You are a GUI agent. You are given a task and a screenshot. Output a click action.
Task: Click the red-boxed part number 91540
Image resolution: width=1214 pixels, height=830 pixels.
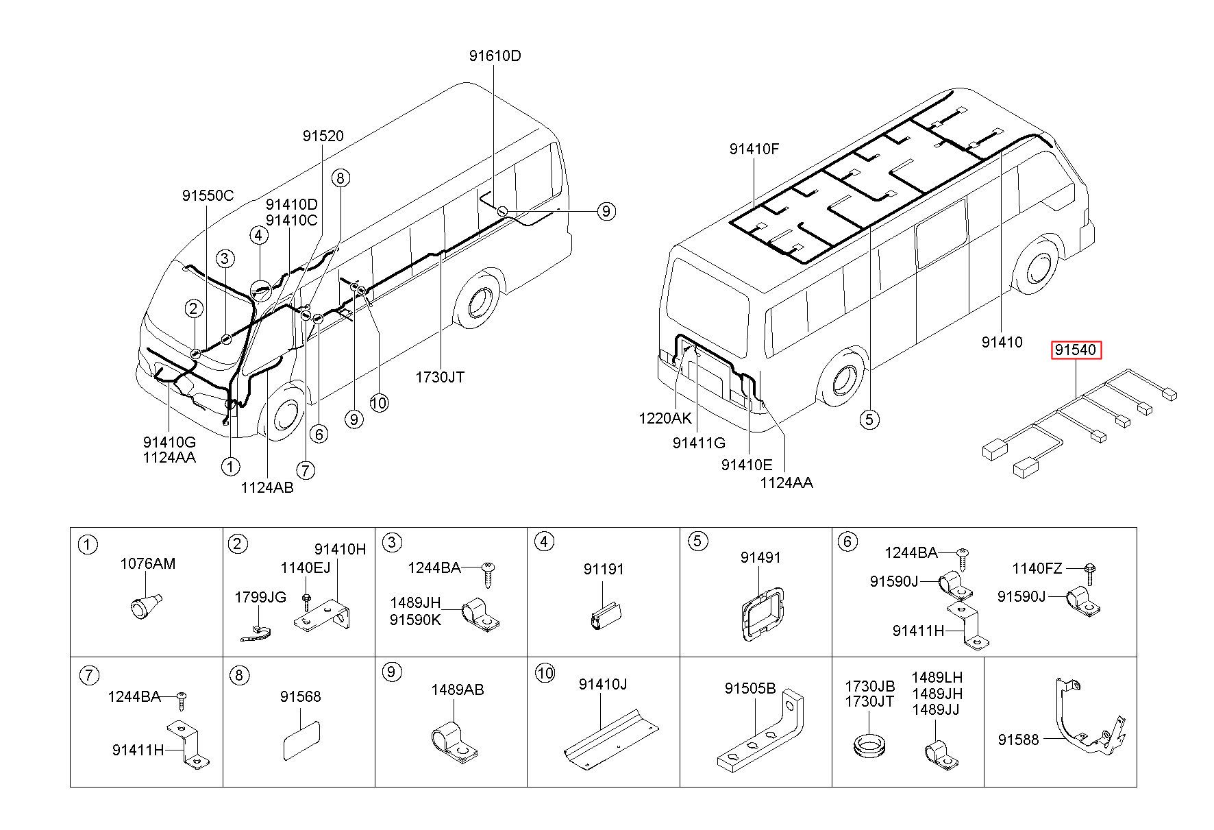[1076, 350]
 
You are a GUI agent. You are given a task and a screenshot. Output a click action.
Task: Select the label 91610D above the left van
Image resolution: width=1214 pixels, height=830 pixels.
[495, 56]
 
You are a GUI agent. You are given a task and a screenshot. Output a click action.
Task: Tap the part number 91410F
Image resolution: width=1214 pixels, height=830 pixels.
[754, 149]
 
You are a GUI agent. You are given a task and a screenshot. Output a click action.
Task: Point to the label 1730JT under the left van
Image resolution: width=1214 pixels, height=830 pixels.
[440, 377]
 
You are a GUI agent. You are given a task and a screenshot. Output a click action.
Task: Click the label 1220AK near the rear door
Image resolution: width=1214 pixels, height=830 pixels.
[665, 418]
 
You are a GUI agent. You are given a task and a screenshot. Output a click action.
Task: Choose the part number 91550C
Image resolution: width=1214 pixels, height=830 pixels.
[208, 196]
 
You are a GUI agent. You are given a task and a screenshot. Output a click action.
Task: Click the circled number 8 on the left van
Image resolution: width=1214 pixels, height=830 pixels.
[340, 178]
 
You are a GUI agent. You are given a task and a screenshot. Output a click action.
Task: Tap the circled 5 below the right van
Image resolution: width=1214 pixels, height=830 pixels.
[869, 419]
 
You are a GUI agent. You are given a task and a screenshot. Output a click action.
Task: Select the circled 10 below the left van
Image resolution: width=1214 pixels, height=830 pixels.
[379, 402]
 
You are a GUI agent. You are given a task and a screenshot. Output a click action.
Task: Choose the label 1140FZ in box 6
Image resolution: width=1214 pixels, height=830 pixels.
[1037, 568]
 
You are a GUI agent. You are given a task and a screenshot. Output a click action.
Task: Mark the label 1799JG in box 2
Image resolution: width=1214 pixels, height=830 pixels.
[260, 597]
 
